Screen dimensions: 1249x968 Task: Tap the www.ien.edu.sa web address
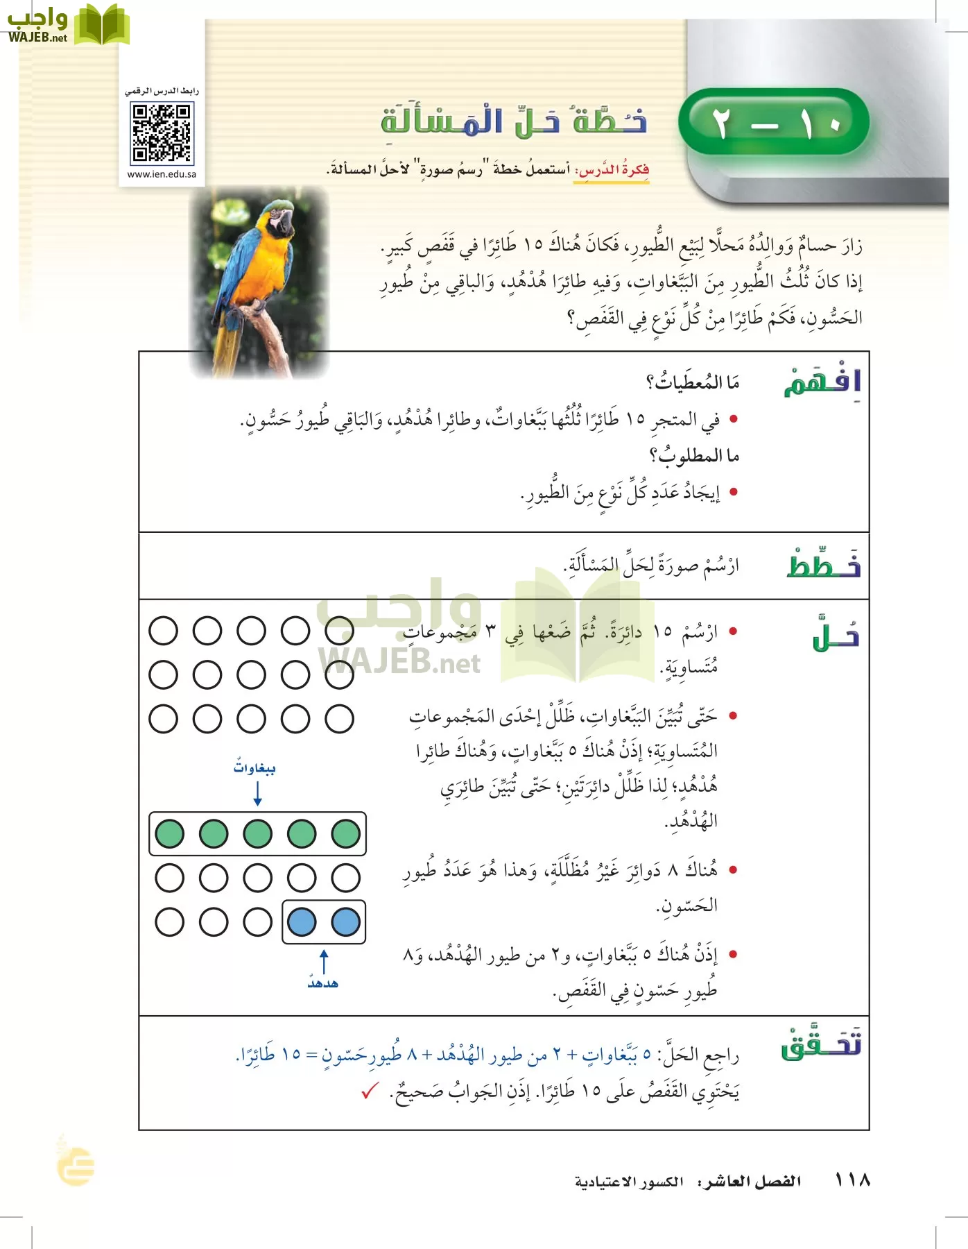162,174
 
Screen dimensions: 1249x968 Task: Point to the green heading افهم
822,382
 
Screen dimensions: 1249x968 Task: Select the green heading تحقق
821,1044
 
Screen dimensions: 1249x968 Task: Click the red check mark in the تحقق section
370,1091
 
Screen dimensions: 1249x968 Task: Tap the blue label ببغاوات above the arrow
254,767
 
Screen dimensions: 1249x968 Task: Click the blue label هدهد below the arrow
323,983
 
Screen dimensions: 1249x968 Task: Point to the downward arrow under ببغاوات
257,793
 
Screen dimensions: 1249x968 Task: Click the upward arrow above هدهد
324,961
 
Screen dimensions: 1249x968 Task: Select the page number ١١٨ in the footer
852,1180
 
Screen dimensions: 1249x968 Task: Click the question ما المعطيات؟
693,382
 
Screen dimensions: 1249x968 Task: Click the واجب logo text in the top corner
37,24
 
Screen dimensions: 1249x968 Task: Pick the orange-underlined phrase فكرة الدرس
612,170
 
